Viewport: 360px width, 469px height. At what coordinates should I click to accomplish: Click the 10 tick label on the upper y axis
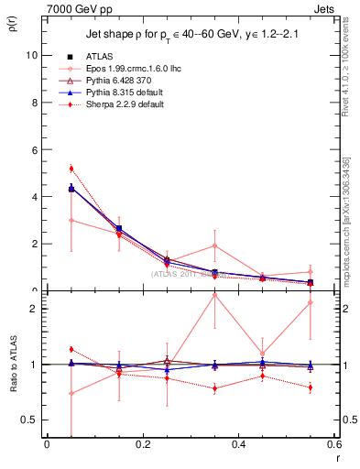[x=29, y=55]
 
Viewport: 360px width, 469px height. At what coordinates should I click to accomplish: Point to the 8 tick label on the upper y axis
[x=32, y=103]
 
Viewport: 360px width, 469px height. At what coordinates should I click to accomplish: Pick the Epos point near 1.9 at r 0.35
[x=214, y=245]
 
